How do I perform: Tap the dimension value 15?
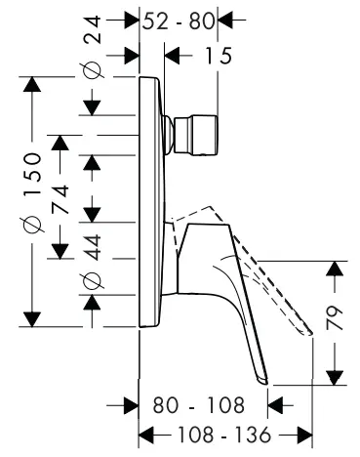click(x=220, y=57)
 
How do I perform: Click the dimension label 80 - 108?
click(x=197, y=402)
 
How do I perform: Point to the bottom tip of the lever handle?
click(x=262, y=382)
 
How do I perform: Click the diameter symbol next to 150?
click(x=34, y=226)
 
